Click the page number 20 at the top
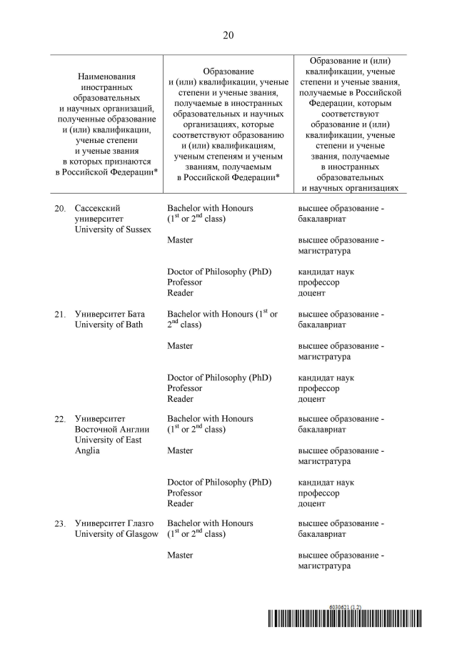(228, 35)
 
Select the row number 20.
(60, 209)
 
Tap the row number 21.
(60, 315)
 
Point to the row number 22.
(60, 420)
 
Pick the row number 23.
(60, 525)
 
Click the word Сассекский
(100, 208)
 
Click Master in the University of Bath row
(180, 346)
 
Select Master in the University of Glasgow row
(180, 555)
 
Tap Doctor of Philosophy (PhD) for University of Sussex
(219, 272)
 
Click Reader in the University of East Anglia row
(180, 503)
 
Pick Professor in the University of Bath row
(184, 388)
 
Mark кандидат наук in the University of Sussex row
(326, 272)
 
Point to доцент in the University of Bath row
(313, 399)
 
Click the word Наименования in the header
(107, 76)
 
